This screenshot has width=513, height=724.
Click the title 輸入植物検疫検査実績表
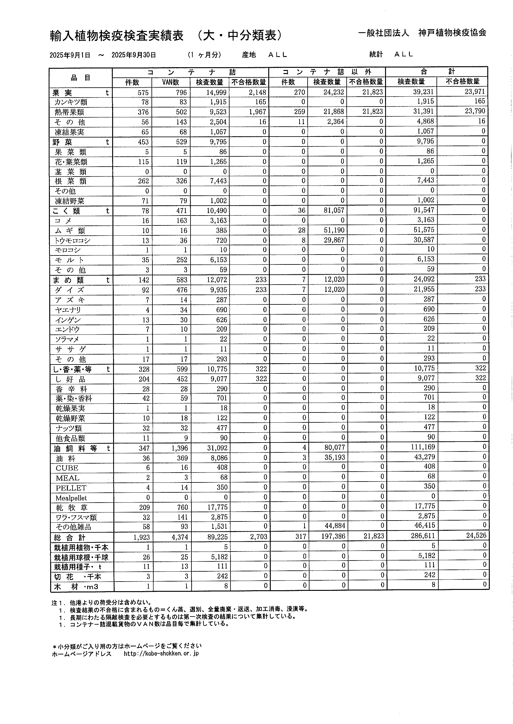[x=117, y=36]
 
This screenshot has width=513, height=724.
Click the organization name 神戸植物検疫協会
[x=452, y=33]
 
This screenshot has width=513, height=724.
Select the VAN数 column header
[x=171, y=82]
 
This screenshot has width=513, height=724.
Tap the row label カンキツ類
[x=71, y=102]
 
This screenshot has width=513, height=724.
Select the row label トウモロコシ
[x=73, y=241]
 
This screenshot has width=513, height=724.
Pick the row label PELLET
[x=71, y=488]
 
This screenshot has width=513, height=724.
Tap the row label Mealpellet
[x=71, y=498]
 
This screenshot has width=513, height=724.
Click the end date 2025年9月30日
[x=134, y=55]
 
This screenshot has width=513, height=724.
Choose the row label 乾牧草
[x=72, y=508]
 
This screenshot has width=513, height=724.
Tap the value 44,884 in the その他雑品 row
[x=335, y=526]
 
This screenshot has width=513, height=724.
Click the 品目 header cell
[x=81, y=78]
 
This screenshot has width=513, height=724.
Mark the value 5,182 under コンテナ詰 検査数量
[x=219, y=557]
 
